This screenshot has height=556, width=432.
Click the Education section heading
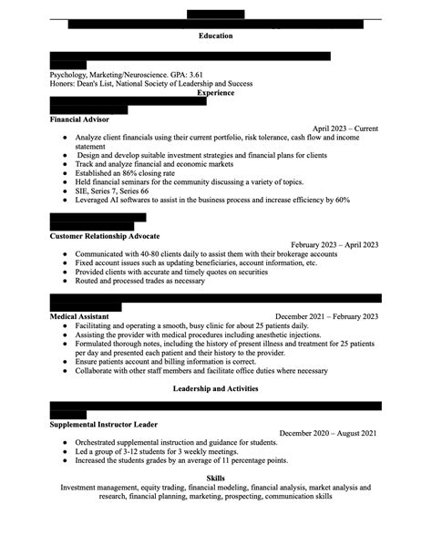point(215,36)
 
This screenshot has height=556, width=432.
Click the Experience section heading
point(215,92)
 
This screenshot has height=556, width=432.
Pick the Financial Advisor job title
point(79,119)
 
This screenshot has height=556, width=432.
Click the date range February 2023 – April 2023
point(334,245)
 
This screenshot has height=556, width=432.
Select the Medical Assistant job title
point(79,316)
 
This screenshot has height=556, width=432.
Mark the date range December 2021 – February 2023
point(326,316)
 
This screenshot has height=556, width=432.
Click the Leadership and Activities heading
point(215,388)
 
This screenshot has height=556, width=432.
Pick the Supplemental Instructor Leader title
point(108,424)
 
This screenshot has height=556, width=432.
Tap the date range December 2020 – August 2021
point(328,433)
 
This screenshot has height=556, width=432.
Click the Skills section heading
point(215,478)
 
